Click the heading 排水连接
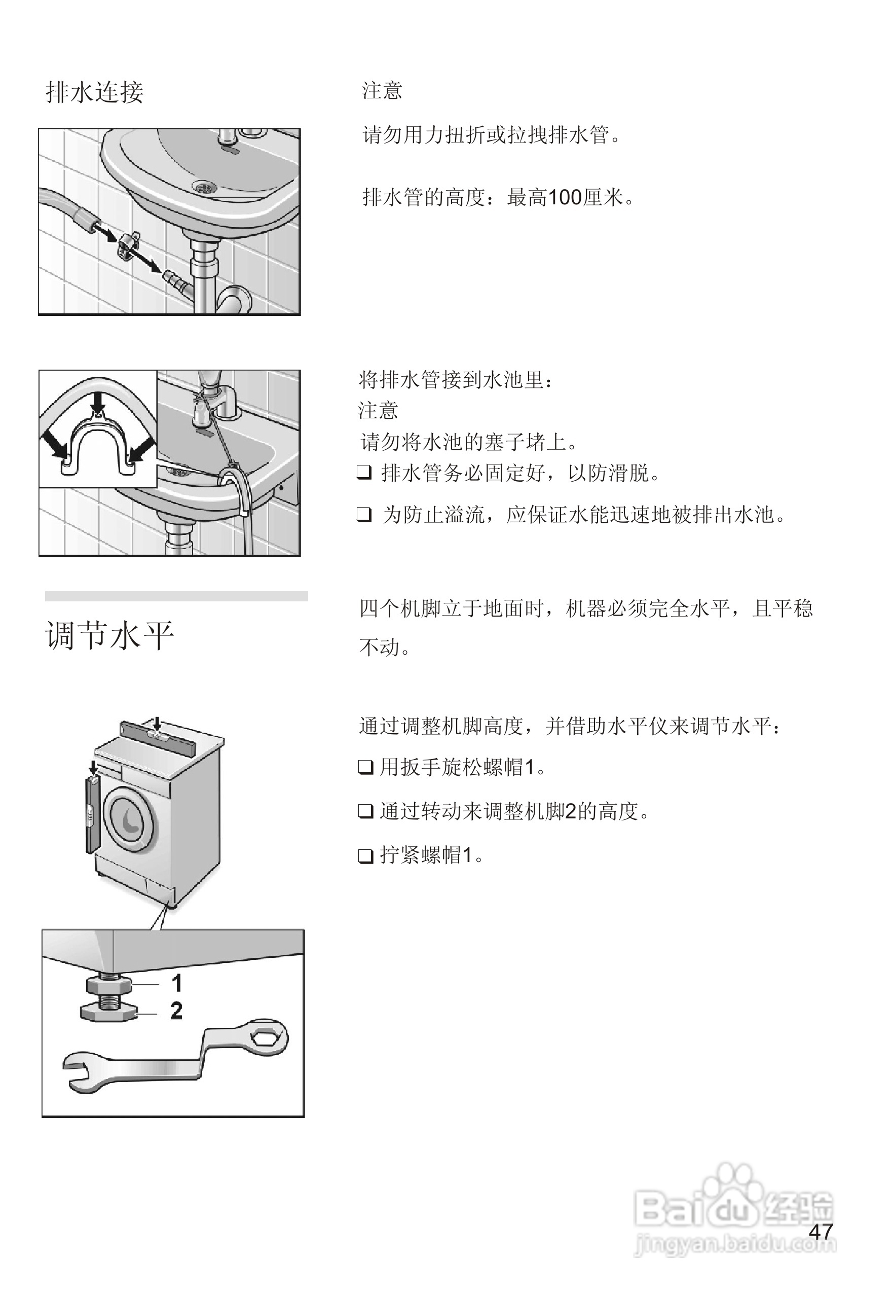(94, 92)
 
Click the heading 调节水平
(109, 636)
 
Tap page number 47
(821, 1231)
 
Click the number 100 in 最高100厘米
(565, 197)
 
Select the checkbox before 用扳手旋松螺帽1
(365, 767)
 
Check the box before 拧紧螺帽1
(365, 855)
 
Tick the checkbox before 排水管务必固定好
(364, 473)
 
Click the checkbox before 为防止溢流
(364, 514)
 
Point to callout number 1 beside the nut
(176, 983)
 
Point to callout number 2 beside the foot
(176, 1011)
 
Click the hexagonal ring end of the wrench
(267, 1037)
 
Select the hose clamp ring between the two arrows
(127, 244)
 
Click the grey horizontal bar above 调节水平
(176, 596)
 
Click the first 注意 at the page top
(382, 91)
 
